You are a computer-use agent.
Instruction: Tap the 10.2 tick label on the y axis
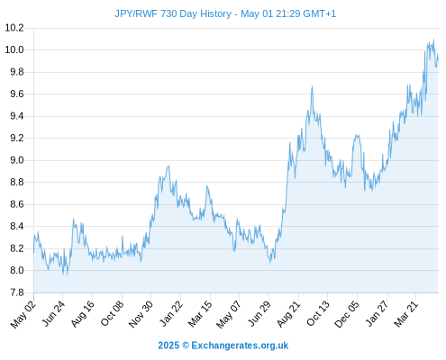click(x=14, y=28)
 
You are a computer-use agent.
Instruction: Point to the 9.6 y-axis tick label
click(x=17, y=94)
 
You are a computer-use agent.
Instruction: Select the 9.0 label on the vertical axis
click(x=17, y=160)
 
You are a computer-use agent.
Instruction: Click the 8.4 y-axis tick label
click(x=17, y=227)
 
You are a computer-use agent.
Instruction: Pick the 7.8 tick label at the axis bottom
click(x=17, y=292)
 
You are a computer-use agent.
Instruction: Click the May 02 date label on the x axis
click(x=23, y=314)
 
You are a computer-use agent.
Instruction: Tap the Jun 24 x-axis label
click(x=53, y=313)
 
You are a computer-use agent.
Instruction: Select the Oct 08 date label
click(x=112, y=313)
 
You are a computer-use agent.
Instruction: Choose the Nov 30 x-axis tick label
click(x=141, y=314)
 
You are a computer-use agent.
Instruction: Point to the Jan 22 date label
click(x=171, y=313)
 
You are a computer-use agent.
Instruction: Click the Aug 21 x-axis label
click(x=288, y=313)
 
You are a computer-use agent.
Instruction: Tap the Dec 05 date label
click(x=347, y=314)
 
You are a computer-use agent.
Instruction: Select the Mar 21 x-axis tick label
click(x=406, y=314)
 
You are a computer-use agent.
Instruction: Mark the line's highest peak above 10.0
click(x=433, y=39)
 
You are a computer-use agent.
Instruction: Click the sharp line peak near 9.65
click(x=312, y=86)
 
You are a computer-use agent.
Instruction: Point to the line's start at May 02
click(x=33, y=254)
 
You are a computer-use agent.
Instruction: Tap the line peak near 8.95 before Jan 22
click(x=168, y=166)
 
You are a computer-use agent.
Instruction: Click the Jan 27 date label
click(x=377, y=314)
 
